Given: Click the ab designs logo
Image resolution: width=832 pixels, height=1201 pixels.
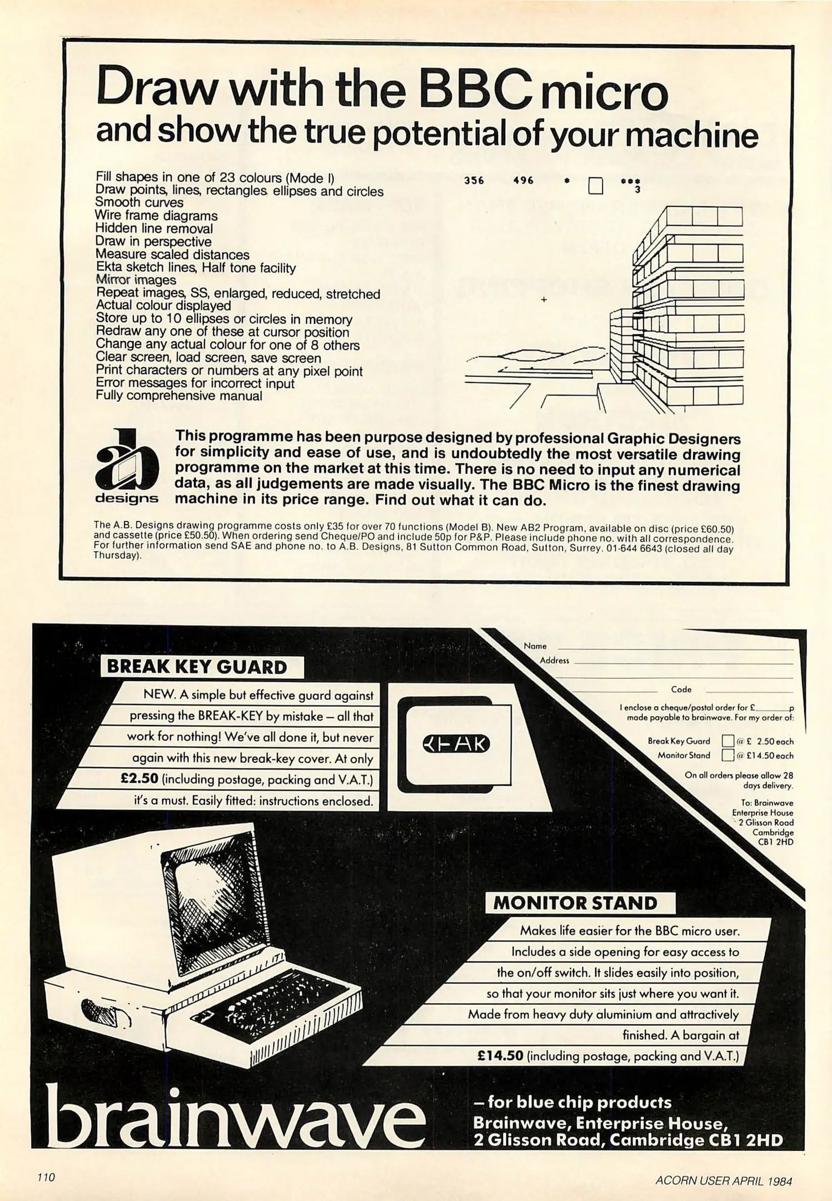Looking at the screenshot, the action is [127, 466].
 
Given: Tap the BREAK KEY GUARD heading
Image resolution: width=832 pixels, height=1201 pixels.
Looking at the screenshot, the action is [197, 667].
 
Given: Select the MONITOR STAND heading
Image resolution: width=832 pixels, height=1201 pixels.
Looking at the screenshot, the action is [575, 902].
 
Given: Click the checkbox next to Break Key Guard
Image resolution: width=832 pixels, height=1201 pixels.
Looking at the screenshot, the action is [728, 741].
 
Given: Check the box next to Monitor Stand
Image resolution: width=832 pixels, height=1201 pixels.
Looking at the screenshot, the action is [728, 755].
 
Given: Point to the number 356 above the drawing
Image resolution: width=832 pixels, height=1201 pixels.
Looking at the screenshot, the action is [474, 180].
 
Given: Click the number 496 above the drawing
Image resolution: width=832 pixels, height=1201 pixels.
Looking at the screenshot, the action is [523, 180].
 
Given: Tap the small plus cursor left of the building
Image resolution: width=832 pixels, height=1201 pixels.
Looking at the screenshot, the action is [544, 300].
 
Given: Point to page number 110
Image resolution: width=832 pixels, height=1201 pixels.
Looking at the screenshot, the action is [46, 1177].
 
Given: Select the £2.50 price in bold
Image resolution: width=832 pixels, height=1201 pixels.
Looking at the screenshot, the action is [140, 779].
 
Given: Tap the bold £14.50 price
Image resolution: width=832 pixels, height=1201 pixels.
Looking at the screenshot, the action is [500, 1055].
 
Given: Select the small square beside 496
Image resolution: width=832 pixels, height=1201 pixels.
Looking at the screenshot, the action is [596, 185].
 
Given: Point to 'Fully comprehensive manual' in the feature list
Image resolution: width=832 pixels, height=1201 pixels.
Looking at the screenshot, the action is [178, 396].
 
